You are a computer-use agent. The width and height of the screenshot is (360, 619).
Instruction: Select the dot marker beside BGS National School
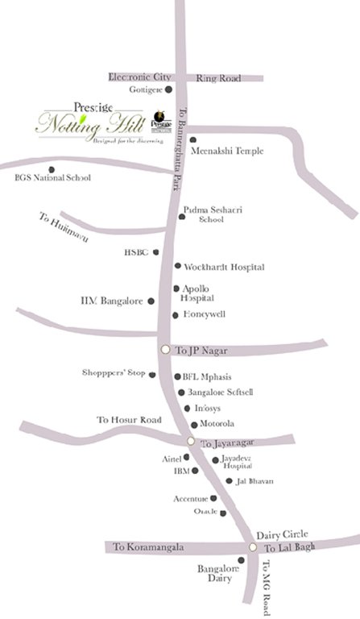point(52,169)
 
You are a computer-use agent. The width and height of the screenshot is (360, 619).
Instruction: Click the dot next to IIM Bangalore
point(151,301)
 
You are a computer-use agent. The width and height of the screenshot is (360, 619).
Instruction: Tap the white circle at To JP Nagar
point(166,349)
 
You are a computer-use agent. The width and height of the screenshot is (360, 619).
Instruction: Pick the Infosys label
point(209,409)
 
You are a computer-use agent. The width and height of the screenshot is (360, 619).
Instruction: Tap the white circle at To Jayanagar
point(191,441)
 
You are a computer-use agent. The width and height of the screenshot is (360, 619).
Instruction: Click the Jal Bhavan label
point(254,480)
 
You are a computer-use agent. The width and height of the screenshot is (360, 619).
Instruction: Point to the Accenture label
point(191,499)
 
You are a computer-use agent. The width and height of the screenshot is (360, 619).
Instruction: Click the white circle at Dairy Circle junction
point(253,547)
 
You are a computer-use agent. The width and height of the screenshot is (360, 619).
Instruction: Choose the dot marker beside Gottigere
point(171,89)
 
